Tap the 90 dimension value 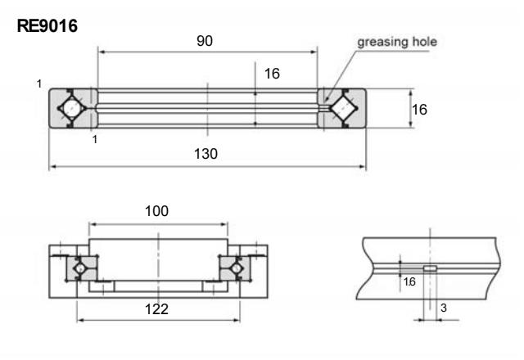(x=205, y=41)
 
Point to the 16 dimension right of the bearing (x=422, y=109)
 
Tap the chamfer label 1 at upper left (x=39, y=83)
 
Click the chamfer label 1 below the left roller (x=95, y=139)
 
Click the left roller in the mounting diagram (x=82, y=268)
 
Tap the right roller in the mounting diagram (x=236, y=268)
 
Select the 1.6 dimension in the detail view (x=409, y=281)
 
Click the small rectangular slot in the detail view (x=430, y=268)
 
